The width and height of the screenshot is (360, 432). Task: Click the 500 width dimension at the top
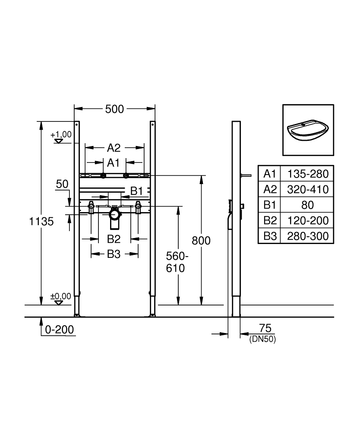click(115, 109)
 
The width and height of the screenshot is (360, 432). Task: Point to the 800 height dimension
click(201, 241)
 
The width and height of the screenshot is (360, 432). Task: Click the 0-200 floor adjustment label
click(60, 330)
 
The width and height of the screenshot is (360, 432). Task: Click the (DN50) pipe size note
click(262, 340)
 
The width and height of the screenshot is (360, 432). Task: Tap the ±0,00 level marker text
click(60, 296)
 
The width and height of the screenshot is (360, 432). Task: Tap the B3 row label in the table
click(270, 236)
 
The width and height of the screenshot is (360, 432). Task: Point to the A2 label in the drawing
click(114, 148)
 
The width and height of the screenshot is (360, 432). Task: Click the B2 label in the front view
click(114, 238)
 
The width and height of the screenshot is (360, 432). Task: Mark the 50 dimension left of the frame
click(62, 184)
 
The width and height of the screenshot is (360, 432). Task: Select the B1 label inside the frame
click(137, 191)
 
